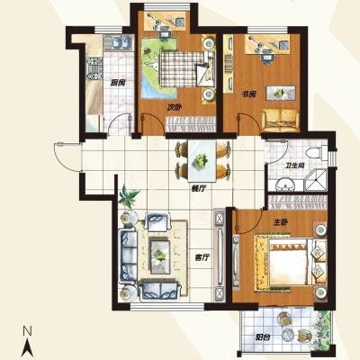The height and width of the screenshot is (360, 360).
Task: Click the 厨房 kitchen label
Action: pos(118,83)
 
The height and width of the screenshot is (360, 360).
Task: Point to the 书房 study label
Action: pos(248,94)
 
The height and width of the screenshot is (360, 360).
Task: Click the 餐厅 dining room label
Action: pos(198,189)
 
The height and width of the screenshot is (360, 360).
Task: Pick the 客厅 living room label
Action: pos(202,257)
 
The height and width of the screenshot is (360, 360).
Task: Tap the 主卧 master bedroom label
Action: pos(281,222)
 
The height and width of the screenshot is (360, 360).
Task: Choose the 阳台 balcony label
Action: pos(263,337)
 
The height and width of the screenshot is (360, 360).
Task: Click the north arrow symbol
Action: pos(29,347)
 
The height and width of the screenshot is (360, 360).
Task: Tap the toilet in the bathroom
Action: pos(317,152)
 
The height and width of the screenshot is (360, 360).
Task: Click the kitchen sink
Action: pos(118,42)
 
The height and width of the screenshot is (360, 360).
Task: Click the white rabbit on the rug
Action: pos(153,63)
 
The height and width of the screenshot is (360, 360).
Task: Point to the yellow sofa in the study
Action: pos(281,120)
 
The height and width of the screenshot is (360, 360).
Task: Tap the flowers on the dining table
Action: pos(202,160)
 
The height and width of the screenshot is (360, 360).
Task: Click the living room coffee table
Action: pos(160,255)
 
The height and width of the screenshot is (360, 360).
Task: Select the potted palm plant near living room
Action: pos(129,196)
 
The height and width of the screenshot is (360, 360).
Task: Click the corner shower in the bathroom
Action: pos(316,180)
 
